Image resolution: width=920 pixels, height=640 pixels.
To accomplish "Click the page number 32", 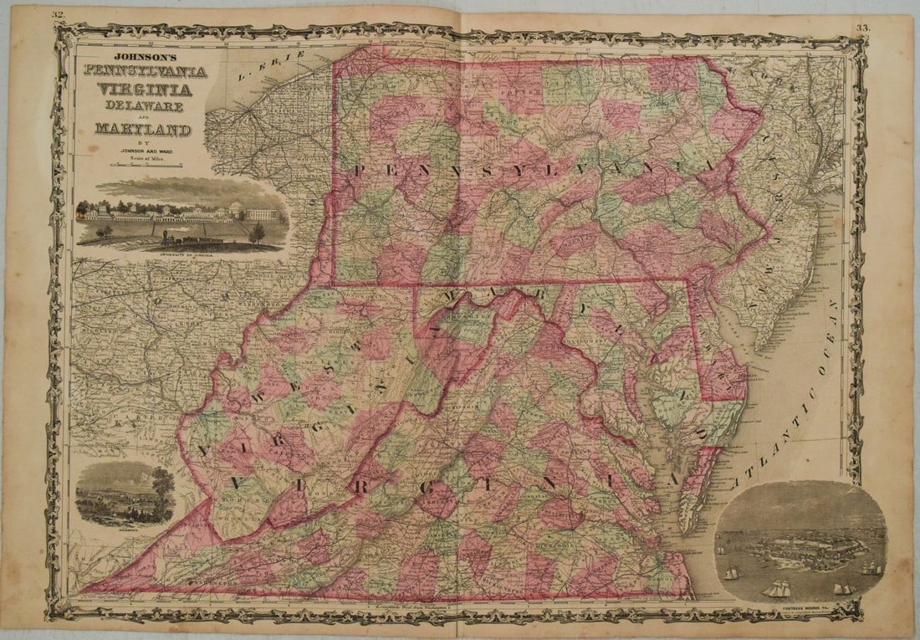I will click(57, 14).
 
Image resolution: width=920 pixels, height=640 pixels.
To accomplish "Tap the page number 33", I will click(862, 28).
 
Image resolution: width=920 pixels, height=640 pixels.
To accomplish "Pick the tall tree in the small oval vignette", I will click(160, 489).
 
